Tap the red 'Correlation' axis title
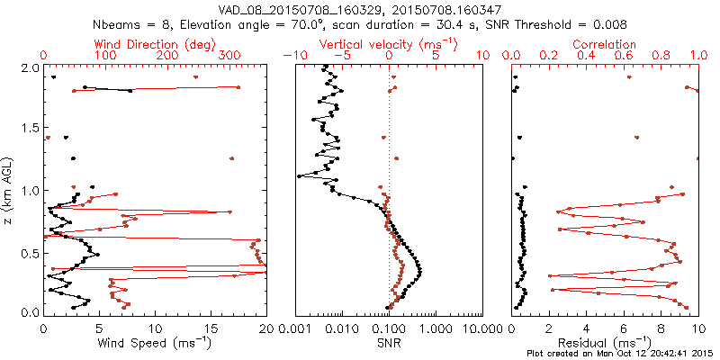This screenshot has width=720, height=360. tap(605, 44)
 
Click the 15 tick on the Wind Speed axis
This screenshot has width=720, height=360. tap(211, 327)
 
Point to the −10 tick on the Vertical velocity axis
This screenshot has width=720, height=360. tap(292, 56)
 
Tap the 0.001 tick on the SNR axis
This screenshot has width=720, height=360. tap(296, 327)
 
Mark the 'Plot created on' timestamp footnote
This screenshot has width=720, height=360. tap(618, 353)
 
